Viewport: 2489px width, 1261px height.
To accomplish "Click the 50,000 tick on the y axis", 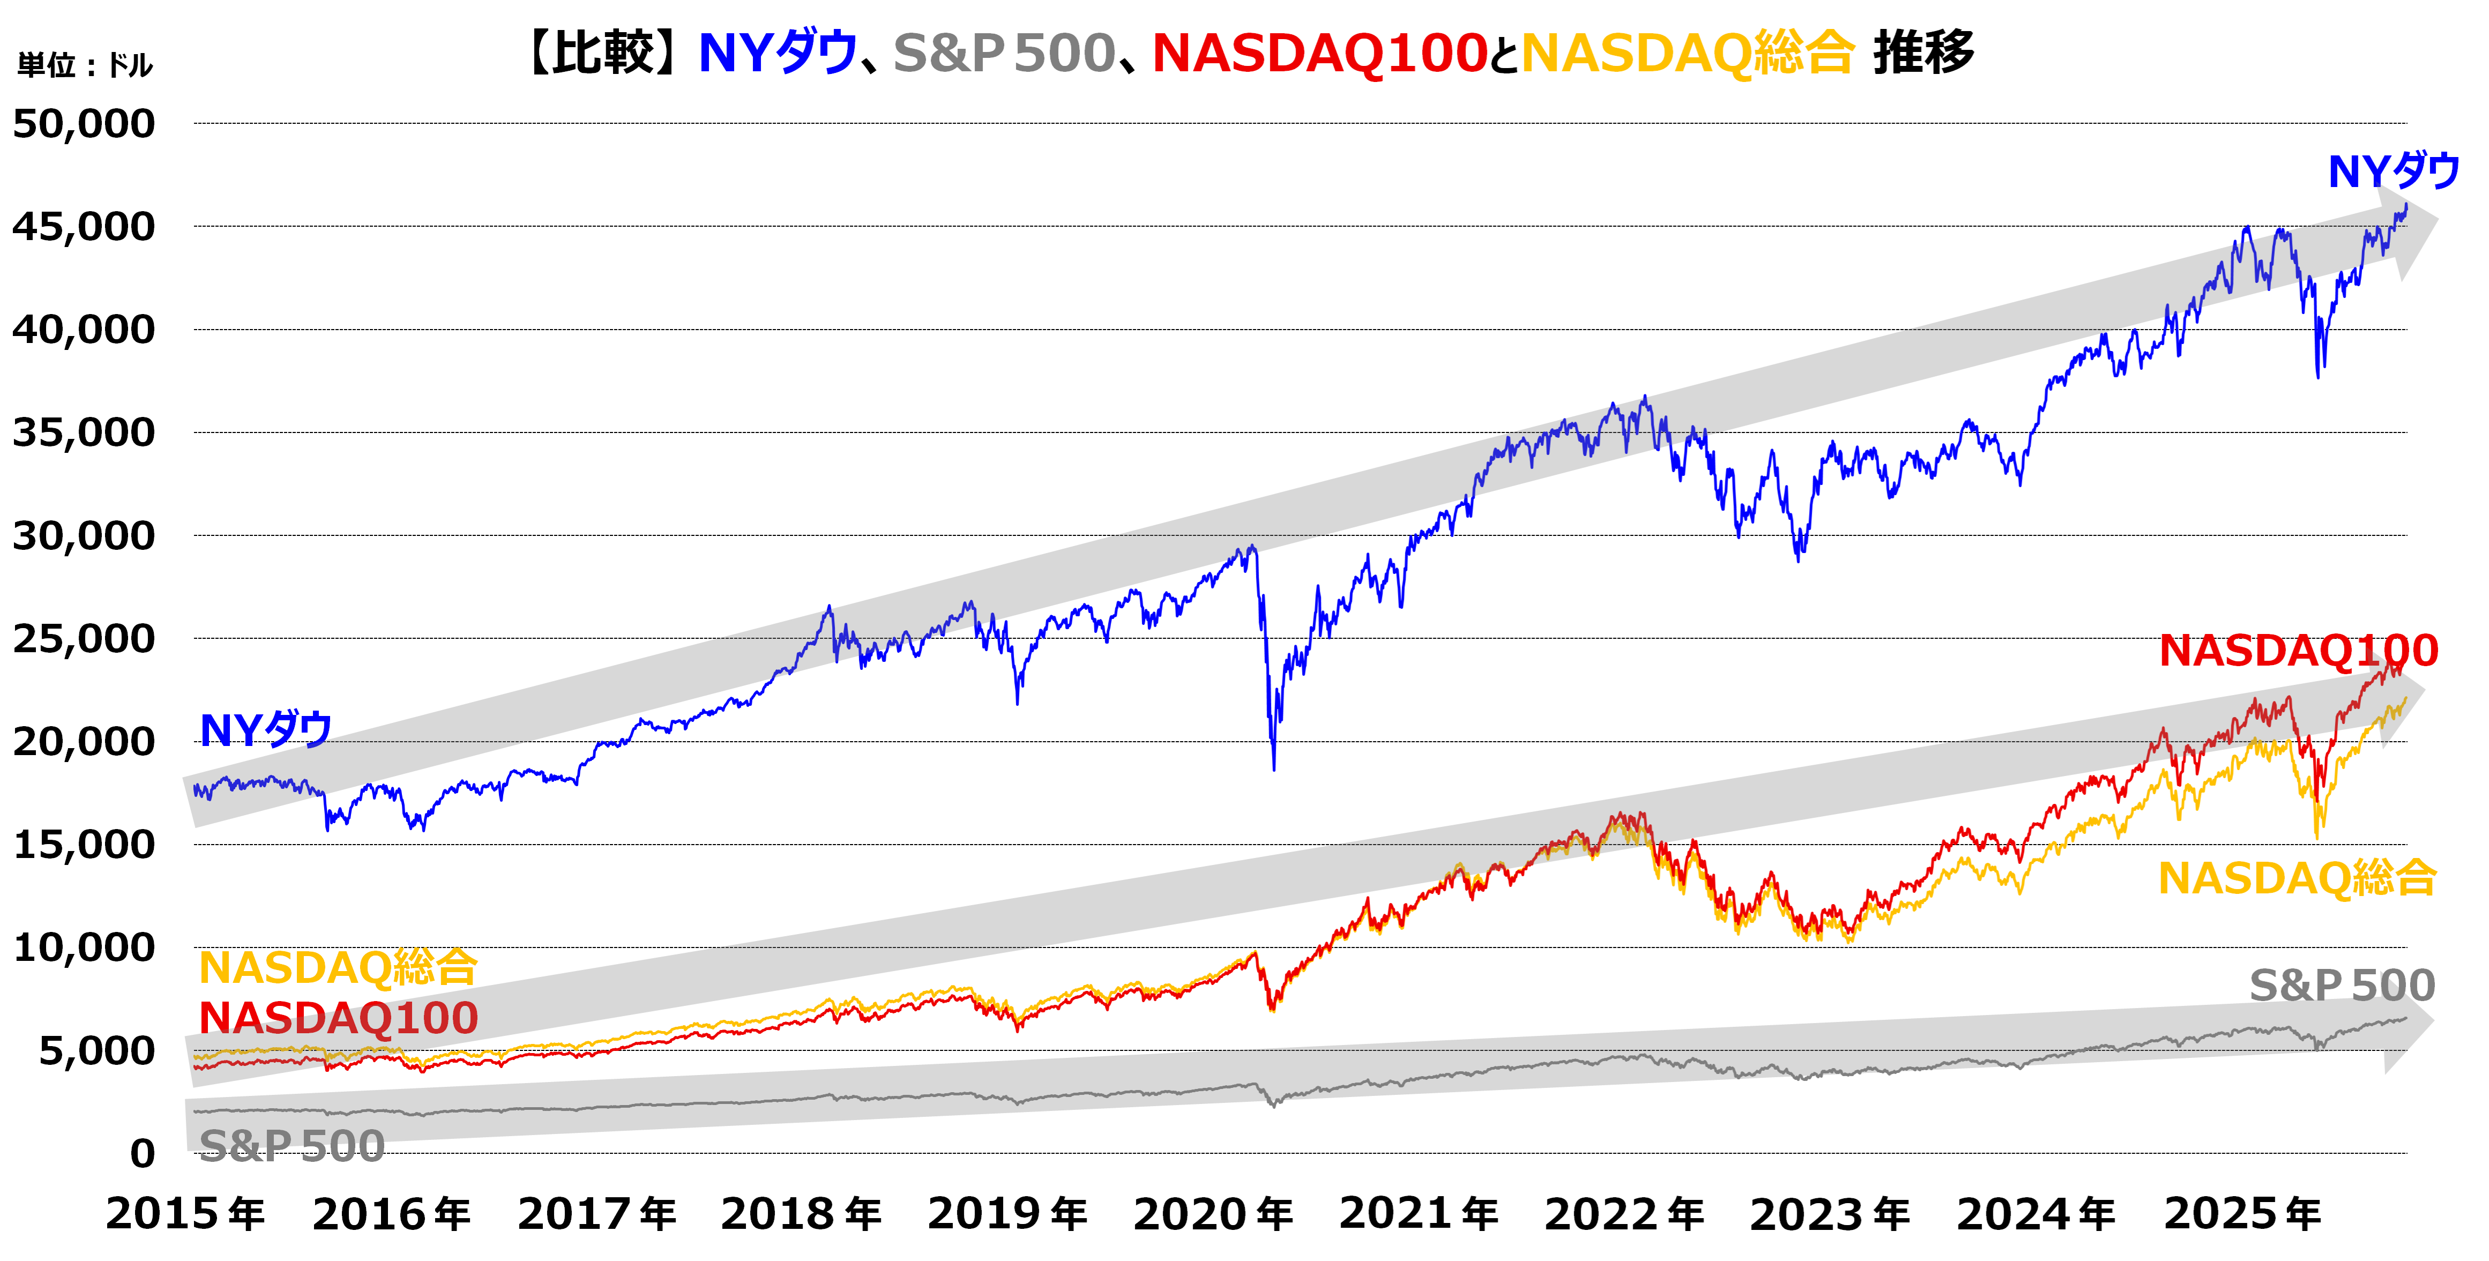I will click(84, 124).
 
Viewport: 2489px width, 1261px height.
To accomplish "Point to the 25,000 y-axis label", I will click(84, 639).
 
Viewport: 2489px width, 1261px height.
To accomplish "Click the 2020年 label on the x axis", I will click(1213, 1214).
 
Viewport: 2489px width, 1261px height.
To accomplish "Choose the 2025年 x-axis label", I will click(2241, 1214).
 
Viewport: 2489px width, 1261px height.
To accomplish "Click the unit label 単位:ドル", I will click(85, 66).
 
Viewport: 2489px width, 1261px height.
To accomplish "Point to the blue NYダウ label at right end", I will click(2393, 172).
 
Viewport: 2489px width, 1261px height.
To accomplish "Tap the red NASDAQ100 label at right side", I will click(2298, 651).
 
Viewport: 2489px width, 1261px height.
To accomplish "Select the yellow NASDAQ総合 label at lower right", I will click(2297, 878).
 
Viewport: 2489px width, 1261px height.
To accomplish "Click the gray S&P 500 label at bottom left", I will click(292, 1146).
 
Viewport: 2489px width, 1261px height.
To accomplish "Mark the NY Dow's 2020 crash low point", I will click(1274, 768).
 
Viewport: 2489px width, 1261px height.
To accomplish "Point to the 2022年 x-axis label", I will click(1624, 1214).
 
